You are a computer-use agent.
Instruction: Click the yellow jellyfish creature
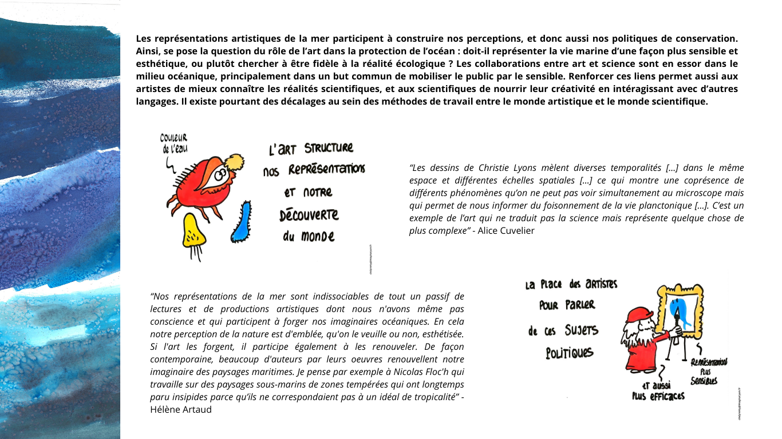[x=194, y=232]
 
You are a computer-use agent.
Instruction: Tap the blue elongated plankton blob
[x=242, y=222]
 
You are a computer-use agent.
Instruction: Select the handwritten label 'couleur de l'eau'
[x=173, y=143]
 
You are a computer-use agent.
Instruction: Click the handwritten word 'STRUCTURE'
[x=329, y=148]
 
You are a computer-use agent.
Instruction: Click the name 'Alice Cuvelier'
[x=506, y=231]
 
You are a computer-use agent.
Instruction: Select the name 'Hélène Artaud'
[x=181, y=409]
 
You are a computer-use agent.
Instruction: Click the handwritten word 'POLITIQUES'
[x=569, y=353]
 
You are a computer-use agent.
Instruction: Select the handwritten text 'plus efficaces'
[x=658, y=396]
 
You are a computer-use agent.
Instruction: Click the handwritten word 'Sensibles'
[x=704, y=381]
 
